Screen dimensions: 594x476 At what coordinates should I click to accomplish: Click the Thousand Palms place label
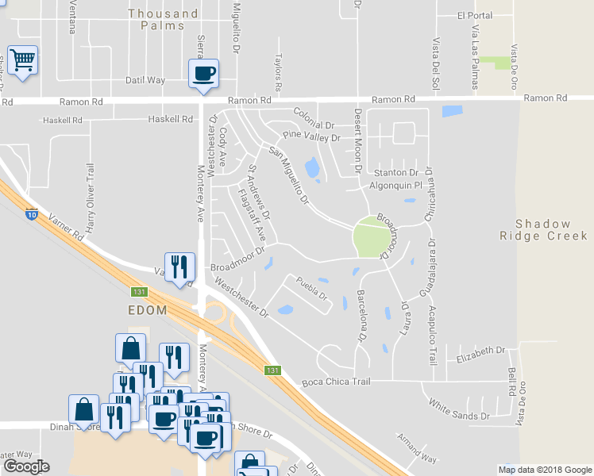[163, 19]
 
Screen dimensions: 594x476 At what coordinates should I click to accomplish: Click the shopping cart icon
[21, 59]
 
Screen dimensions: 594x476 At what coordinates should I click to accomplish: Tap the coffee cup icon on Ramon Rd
[202, 74]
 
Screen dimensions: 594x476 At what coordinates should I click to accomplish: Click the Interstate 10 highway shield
[32, 213]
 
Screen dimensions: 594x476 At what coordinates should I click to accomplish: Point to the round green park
[372, 236]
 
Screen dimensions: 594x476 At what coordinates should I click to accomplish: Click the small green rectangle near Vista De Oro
[502, 63]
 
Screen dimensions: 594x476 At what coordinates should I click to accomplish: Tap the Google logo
[26, 466]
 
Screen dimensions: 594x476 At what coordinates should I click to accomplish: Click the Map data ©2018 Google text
[545, 470]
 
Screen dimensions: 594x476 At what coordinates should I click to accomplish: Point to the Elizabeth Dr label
[481, 350]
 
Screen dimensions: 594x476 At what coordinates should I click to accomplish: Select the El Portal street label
[475, 15]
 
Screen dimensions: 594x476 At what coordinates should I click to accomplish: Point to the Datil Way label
[145, 80]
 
